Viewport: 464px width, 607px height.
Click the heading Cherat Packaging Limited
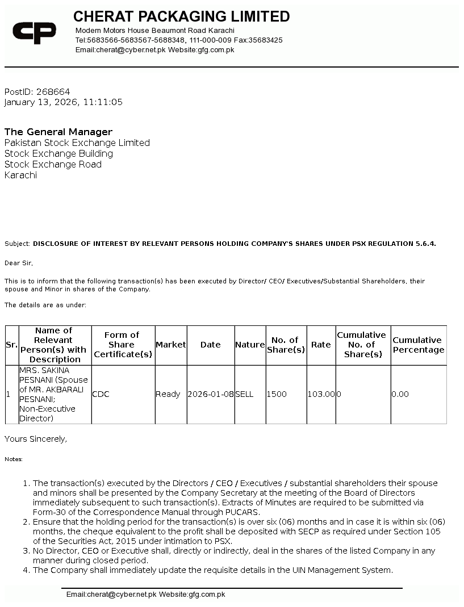(x=181, y=16)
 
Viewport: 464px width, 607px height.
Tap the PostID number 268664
(x=53, y=91)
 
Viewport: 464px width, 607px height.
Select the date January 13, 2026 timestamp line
(x=63, y=102)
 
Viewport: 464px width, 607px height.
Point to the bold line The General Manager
(x=58, y=132)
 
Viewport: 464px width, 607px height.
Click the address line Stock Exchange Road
(x=53, y=164)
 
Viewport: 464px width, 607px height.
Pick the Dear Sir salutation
(x=19, y=263)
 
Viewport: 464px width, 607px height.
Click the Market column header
(x=170, y=345)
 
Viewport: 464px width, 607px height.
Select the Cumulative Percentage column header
(x=418, y=345)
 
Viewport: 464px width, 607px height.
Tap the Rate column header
(x=321, y=345)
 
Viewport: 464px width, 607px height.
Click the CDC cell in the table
(x=101, y=394)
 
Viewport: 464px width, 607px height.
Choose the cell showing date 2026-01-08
(x=210, y=394)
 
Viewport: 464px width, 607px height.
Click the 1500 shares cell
(x=277, y=394)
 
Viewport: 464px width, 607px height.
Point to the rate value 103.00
(x=321, y=394)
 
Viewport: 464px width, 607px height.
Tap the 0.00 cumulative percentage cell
(x=400, y=394)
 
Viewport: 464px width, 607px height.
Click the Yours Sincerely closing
(x=36, y=438)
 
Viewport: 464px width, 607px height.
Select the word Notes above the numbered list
(x=14, y=459)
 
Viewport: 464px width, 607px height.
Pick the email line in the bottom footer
(x=145, y=595)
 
